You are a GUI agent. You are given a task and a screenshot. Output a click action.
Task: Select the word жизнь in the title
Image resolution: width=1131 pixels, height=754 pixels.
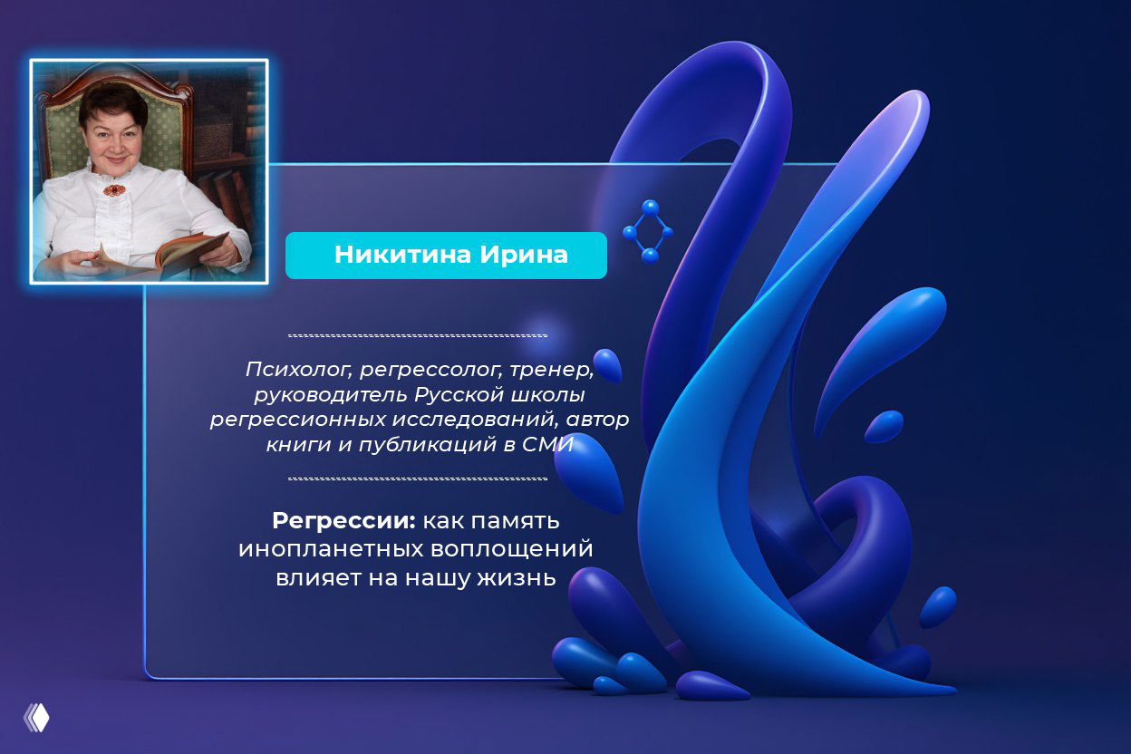click(x=516, y=578)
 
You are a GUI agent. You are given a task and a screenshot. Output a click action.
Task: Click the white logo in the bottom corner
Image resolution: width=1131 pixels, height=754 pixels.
click(x=36, y=718)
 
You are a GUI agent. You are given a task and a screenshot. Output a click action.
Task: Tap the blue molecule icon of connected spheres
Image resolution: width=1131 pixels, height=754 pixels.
click(x=648, y=232)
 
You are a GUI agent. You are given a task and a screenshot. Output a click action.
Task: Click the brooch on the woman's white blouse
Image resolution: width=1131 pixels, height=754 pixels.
click(x=113, y=190)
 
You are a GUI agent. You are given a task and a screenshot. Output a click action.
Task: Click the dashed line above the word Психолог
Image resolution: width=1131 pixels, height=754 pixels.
click(x=418, y=335)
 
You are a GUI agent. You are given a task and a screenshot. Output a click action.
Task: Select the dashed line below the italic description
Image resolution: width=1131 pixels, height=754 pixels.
click(x=418, y=478)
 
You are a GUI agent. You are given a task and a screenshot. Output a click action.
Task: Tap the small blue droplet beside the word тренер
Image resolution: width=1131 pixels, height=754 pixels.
click(x=608, y=364)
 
